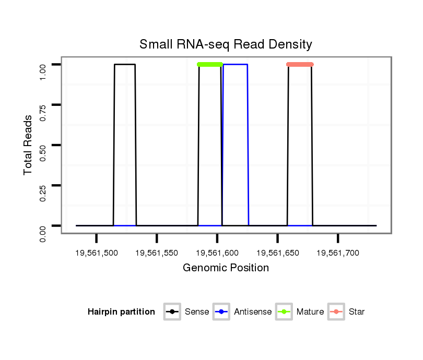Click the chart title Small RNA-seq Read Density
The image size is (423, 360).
coord(226,44)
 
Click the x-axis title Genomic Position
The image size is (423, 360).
coord(226,268)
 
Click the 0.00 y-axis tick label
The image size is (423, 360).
coord(43,233)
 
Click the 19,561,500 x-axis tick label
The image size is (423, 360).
coord(96,253)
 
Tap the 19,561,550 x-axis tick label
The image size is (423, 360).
coord(157,253)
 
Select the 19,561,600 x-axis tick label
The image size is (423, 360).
coord(217,253)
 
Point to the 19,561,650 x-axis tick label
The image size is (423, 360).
coord(277,253)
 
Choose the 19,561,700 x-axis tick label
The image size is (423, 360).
coord(338,253)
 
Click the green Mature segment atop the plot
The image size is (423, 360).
coord(210,65)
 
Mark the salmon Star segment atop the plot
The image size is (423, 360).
coord(300,65)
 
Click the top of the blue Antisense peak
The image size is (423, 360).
coord(235,65)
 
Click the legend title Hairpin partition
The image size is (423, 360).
coord(121,312)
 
